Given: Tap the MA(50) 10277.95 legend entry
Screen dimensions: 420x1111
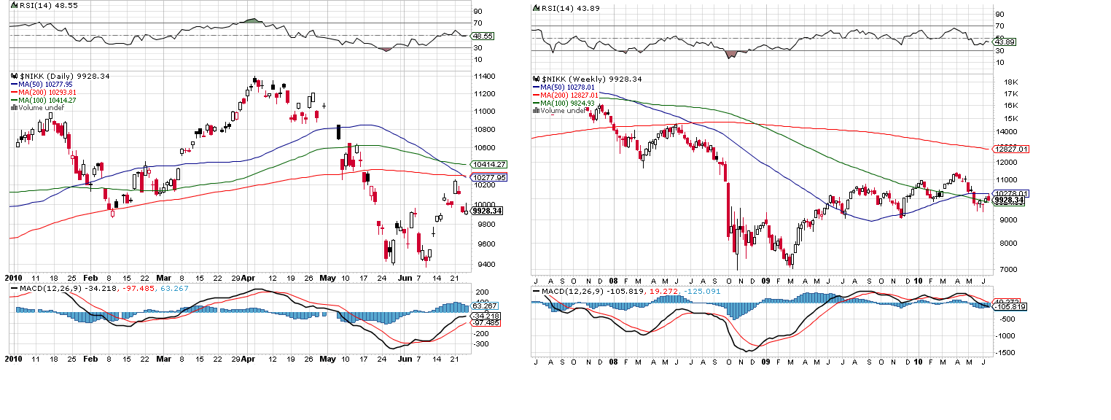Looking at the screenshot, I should coord(43,83).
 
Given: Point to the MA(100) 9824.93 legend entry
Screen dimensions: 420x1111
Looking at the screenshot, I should coord(566,103).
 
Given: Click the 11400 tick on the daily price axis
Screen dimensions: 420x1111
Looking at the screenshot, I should coord(483,77).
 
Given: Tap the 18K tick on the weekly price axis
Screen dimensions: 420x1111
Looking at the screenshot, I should coord(1010,82).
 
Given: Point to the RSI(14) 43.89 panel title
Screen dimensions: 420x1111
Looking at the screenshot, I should coord(561,8).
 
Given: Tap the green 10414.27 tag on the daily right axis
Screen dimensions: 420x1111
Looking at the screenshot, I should coord(489,165).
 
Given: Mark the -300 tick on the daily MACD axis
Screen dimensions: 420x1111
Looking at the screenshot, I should coord(481,343).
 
